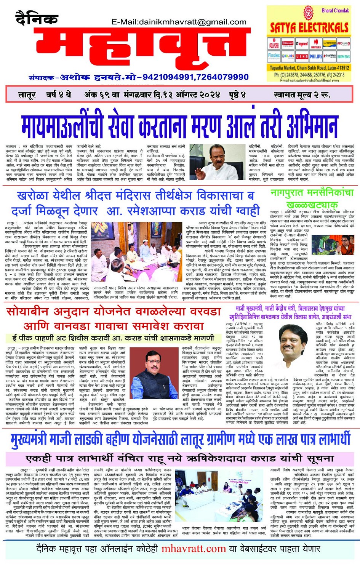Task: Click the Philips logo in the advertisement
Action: (315, 56)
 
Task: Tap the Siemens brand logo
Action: (343, 56)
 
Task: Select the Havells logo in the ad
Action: (316, 45)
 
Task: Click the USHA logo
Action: (302, 56)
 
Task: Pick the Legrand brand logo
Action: (302, 44)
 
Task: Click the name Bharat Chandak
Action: (335, 11)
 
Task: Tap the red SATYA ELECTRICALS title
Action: (309, 27)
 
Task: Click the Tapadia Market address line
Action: (309, 68)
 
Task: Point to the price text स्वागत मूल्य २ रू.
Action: (301, 95)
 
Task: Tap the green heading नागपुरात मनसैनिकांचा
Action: (312, 193)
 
